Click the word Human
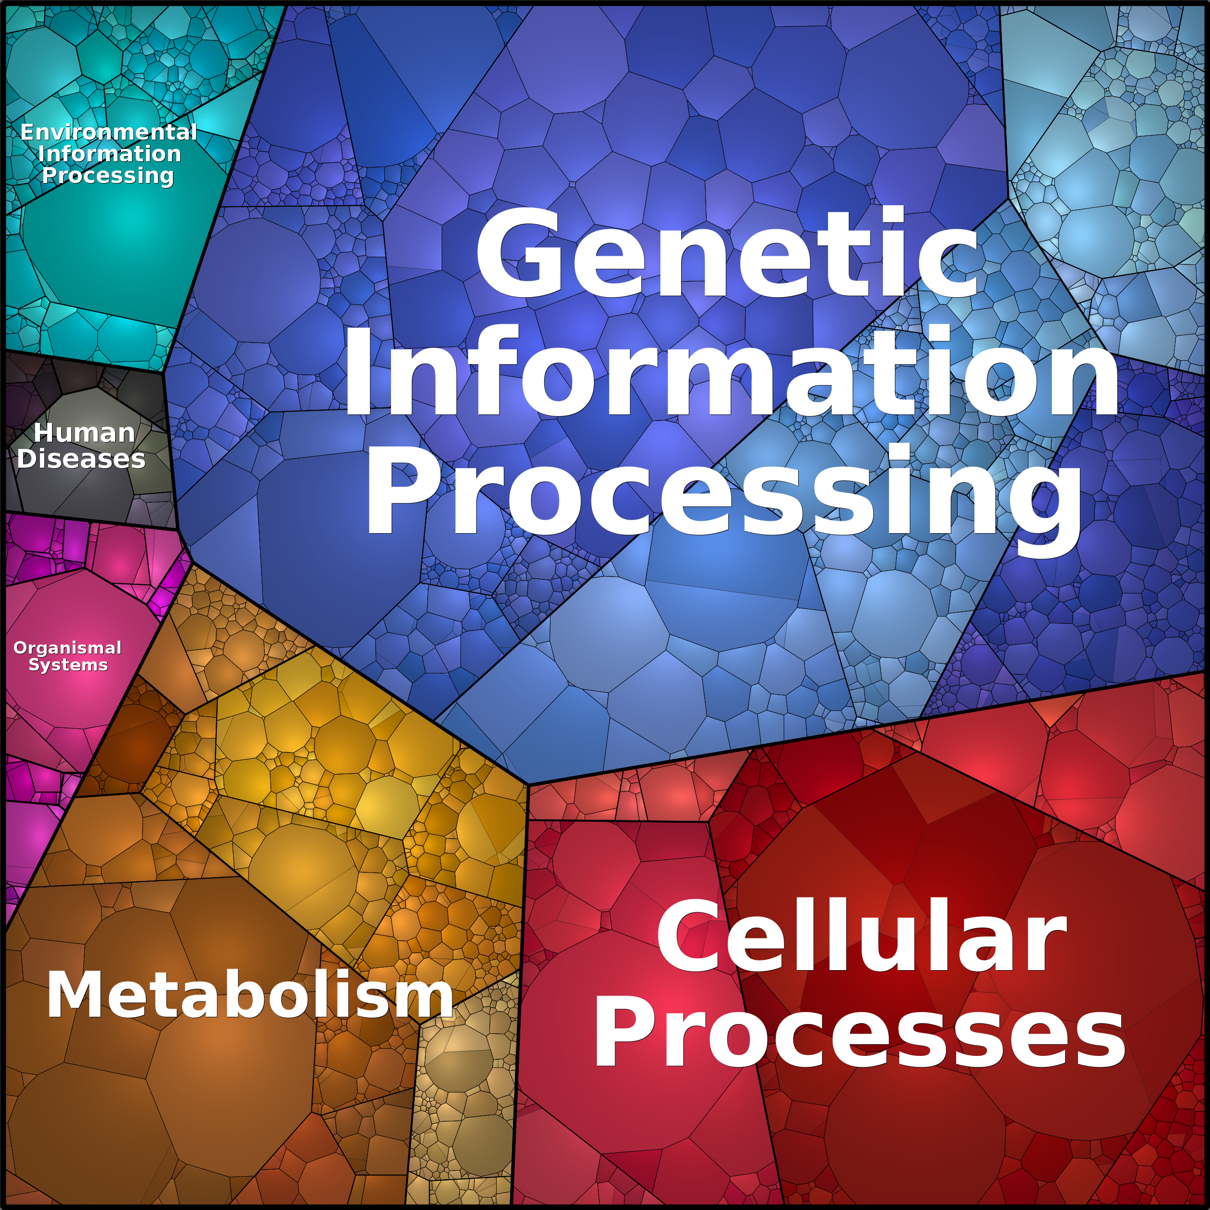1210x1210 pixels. (84, 433)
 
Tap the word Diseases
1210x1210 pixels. (81, 459)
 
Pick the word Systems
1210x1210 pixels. (68, 665)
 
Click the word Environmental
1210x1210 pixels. (109, 132)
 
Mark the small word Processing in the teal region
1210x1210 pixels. (108, 176)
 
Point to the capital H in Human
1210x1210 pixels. (44, 433)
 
